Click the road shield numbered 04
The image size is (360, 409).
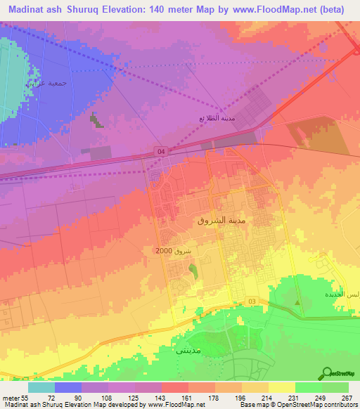161,151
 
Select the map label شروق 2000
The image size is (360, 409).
175,251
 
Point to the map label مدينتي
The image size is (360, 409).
188,349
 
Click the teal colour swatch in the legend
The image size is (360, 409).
41,387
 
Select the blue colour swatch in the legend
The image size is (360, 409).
68,387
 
